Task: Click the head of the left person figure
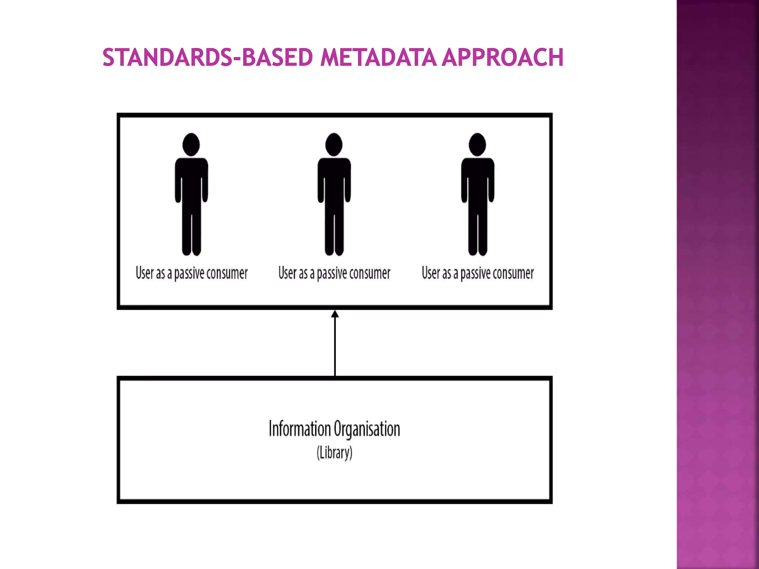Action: coord(191,144)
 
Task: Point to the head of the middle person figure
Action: coord(334,144)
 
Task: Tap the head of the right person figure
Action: coord(477,144)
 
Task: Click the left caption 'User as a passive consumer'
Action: coord(191,273)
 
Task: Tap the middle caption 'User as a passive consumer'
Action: coord(334,273)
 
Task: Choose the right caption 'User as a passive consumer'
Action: coord(478,273)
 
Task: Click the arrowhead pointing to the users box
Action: coord(335,315)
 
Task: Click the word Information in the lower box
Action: coord(299,429)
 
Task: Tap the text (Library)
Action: coord(334,453)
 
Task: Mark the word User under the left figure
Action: coord(145,273)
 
